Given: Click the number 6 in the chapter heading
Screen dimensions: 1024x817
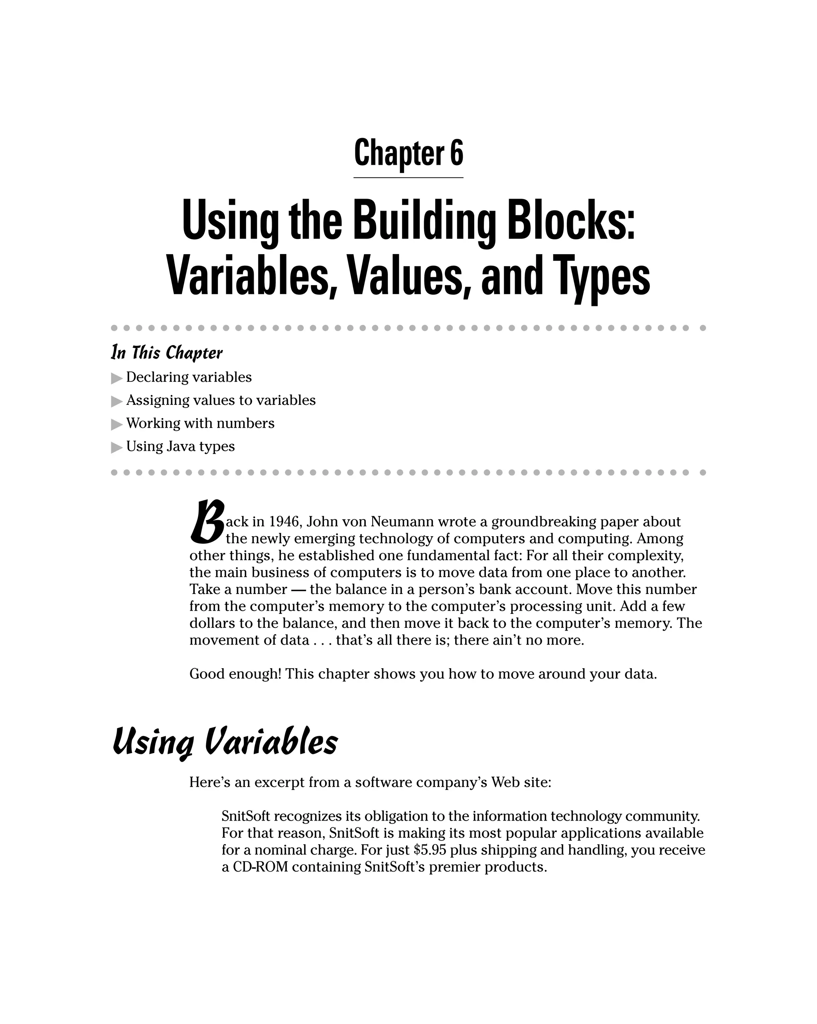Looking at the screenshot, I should point(456,153).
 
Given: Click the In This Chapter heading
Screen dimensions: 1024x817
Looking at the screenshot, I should point(166,353).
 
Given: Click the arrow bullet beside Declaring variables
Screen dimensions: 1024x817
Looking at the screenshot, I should point(116,379).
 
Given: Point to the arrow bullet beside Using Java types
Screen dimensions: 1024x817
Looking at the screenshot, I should point(116,448).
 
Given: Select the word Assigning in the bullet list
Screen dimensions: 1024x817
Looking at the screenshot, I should point(157,401).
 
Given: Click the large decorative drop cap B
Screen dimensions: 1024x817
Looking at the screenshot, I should point(206,523).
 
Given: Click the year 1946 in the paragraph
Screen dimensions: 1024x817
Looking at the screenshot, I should point(284,522).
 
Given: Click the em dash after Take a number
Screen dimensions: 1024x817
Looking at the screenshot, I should point(298,590).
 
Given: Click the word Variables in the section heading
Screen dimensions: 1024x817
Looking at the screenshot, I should point(271,742).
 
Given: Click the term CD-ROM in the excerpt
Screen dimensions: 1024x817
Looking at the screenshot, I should point(260,867).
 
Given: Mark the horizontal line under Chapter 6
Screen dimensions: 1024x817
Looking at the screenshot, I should point(408,178).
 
